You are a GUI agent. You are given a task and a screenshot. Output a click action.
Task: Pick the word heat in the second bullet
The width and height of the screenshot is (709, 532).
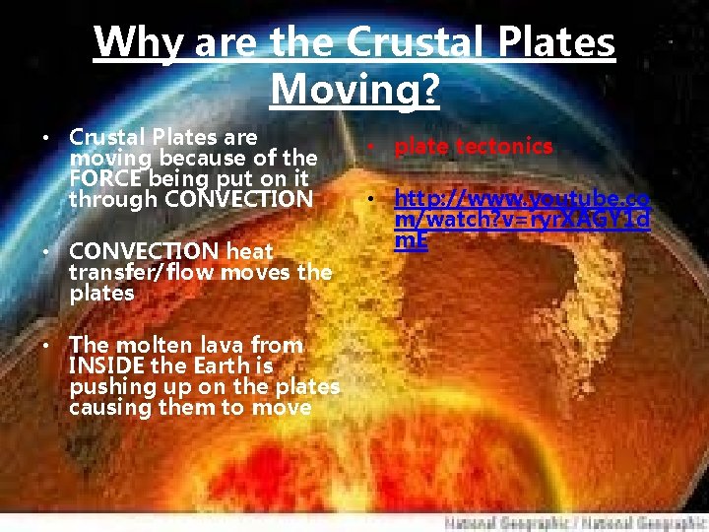coord(250,250)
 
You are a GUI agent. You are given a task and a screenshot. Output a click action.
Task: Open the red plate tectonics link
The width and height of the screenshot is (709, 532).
coord(474,147)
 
